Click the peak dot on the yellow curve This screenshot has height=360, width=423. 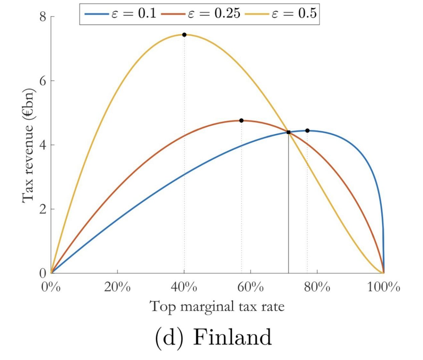(184, 35)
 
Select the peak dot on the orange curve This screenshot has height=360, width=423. (241, 120)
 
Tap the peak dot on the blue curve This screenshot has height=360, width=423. (307, 131)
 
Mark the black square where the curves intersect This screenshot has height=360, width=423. (288, 132)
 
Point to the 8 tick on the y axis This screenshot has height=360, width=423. (43, 17)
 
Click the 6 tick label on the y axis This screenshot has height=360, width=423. (43, 81)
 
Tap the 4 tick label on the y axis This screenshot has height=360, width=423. (43, 145)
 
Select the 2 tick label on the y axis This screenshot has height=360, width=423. (43, 209)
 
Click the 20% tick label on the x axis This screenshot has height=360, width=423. (117, 287)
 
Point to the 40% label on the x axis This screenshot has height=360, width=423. (184, 287)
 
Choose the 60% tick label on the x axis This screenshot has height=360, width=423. (251, 287)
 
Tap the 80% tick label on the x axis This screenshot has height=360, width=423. (317, 287)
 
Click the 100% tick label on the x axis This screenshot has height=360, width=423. (384, 287)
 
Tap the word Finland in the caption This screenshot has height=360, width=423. (232, 337)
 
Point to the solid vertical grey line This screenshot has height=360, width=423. (288, 207)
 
